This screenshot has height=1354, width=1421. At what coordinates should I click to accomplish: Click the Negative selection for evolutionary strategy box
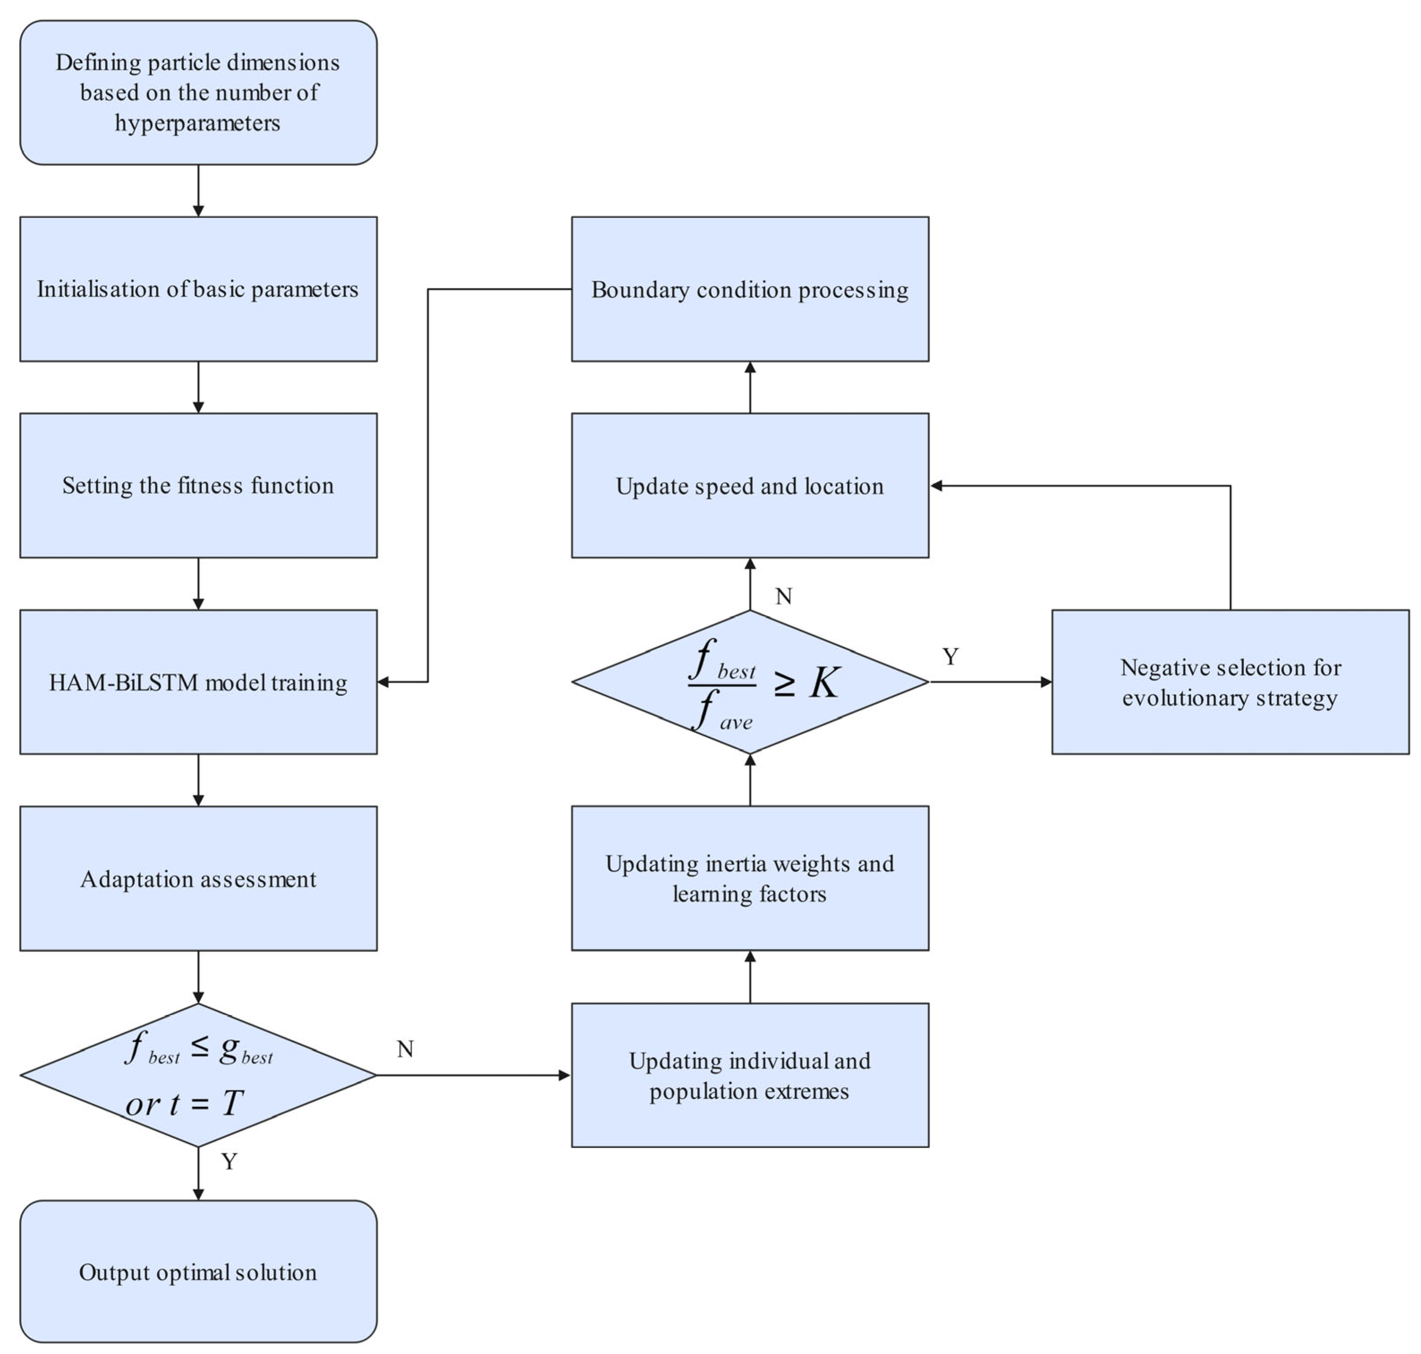point(1230,682)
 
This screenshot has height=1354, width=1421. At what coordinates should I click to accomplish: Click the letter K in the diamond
point(824,682)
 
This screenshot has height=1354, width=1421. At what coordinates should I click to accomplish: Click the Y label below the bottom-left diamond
point(230,1161)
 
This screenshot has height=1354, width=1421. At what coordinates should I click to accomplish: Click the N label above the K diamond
point(784,596)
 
